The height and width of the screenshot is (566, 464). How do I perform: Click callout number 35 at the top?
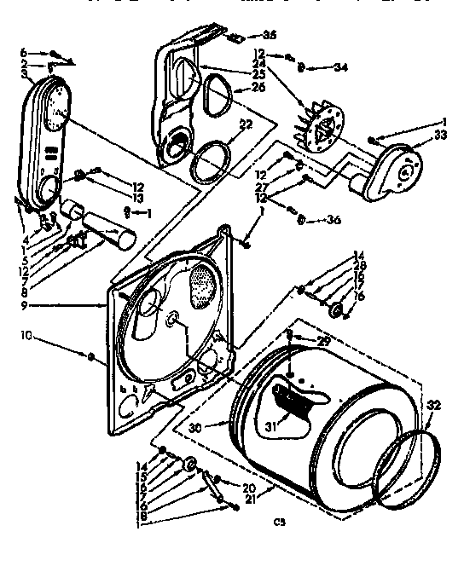(270, 35)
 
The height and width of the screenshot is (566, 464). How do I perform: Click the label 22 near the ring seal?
(246, 125)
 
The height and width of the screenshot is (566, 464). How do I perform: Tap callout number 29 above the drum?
(322, 341)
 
